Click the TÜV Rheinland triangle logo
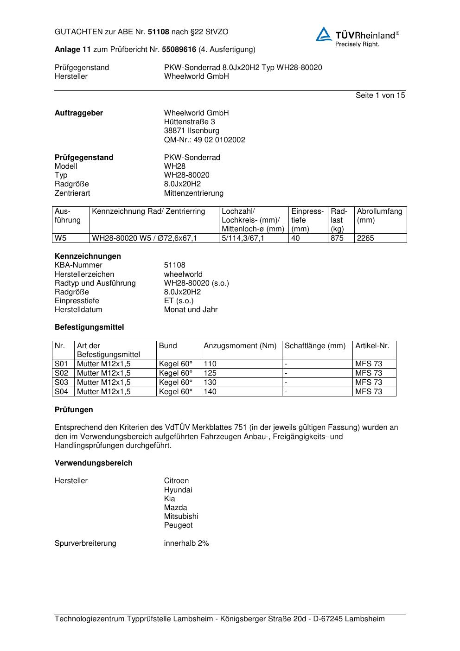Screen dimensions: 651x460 point(324,34)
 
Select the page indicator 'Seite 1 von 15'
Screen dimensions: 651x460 point(380,96)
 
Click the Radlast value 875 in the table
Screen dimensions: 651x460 point(337,238)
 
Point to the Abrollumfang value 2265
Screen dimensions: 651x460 point(365,238)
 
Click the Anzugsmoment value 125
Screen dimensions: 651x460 point(210,373)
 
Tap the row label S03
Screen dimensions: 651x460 point(61,383)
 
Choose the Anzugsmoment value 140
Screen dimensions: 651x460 point(210,392)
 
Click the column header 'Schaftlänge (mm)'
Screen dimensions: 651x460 point(315,346)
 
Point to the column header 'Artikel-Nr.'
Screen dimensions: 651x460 point(372,346)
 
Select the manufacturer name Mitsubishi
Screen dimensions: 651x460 point(181,517)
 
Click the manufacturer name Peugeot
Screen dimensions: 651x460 point(178,525)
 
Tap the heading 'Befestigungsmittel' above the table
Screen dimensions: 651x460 point(89,327)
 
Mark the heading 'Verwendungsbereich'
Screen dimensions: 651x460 point(93,463)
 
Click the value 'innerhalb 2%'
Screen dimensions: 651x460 point(186,543)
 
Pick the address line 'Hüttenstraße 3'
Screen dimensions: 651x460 point(189,122)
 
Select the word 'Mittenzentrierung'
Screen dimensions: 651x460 point(193,193)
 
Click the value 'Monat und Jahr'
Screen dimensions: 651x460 point(191,310)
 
